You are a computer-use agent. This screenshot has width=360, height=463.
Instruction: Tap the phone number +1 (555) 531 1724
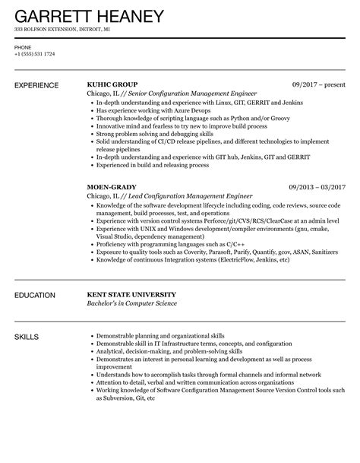[33, 55]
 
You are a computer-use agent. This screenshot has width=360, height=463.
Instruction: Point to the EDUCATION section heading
[38, 294]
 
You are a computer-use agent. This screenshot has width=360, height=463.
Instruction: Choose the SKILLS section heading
[29, 336]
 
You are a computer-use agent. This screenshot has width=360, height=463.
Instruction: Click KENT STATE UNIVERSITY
[131, 293]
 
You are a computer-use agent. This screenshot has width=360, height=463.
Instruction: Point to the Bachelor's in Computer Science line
[131, 303]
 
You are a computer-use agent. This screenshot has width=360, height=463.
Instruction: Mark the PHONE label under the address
[23, 46]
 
